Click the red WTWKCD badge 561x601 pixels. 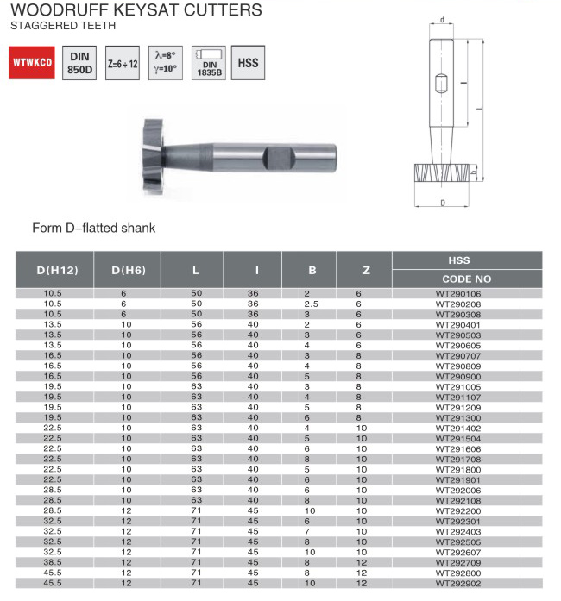32,62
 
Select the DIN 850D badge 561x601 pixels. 79,63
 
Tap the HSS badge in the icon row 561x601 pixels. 248,63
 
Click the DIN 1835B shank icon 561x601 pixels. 209,63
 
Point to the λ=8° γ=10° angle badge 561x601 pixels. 166,63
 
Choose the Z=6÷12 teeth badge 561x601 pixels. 123,63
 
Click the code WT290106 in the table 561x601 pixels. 458,294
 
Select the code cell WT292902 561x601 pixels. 458,584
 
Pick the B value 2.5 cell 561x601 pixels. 312,304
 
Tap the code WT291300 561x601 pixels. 458,418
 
